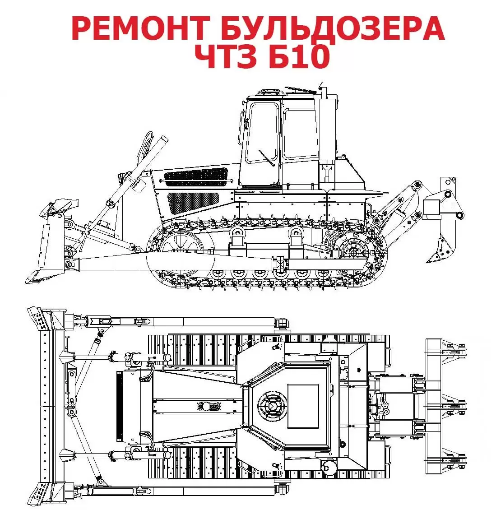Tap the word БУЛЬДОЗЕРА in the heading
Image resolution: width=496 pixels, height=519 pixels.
click(x=332, y=29)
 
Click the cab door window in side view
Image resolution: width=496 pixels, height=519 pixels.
click(x=262, y=133)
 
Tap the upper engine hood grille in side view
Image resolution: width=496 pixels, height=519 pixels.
click(x=196, y=177)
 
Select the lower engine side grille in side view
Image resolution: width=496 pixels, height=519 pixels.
click(x=193, y=203)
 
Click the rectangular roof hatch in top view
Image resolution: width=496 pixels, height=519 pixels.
click(x=303, y=407)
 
